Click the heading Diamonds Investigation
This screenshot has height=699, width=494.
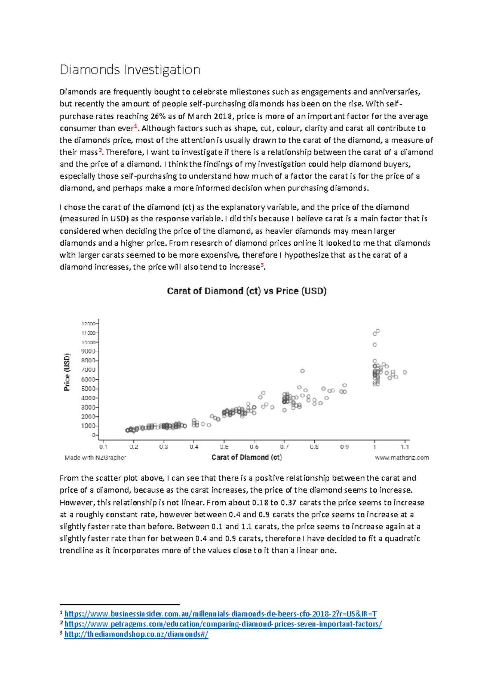(x=130, y=70)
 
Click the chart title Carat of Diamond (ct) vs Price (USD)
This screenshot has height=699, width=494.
(x=247, y=291)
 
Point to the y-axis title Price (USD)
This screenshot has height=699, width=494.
(x=67, y=372)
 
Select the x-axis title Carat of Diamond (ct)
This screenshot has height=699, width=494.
(x=246, y=457)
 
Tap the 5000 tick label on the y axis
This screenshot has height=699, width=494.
(x=88, y=389)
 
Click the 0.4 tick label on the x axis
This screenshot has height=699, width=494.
(x=194, y=447)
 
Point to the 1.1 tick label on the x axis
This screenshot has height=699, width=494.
(x=405, y=447)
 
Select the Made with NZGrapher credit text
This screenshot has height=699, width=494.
(x=95, y=457)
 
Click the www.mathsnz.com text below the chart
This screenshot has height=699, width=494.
(x=402, y=457)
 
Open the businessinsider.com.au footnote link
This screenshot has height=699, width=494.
(x=220, y=614)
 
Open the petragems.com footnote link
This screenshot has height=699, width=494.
(x=223, y=624)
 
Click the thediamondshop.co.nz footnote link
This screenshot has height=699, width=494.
(x=136, y=634)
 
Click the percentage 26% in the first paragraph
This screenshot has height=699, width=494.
(x=158, y=116)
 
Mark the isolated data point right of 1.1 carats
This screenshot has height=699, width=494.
(x=405, y=372)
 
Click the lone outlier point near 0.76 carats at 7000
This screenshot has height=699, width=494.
(x=303, y=371)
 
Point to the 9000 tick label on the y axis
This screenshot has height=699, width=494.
(x=88, y=351)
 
